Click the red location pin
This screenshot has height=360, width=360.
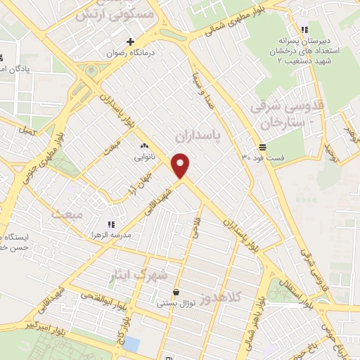pos(181,165)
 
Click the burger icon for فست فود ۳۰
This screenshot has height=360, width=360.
pos(262,146)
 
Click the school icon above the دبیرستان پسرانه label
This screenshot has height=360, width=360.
pos(303,30)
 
